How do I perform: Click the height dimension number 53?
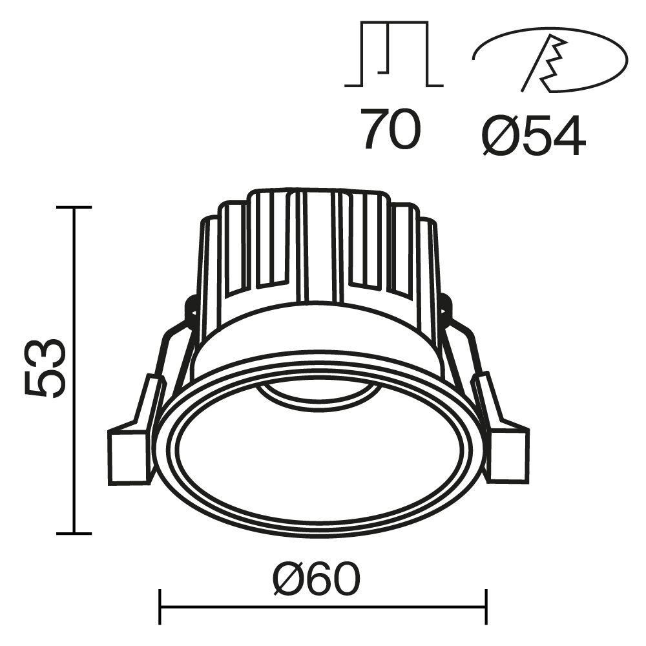(45, 368)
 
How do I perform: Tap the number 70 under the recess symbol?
(391, 129)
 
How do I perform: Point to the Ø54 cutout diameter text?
(534, 136)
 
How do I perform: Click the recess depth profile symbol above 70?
(393, 56)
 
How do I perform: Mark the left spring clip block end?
(127, 455)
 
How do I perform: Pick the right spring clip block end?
(508, 455)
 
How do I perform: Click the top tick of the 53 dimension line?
(74, 207)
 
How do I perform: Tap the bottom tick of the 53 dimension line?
(74, 534)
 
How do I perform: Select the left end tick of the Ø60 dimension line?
(160, 607)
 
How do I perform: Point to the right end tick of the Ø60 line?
(486, 607)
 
